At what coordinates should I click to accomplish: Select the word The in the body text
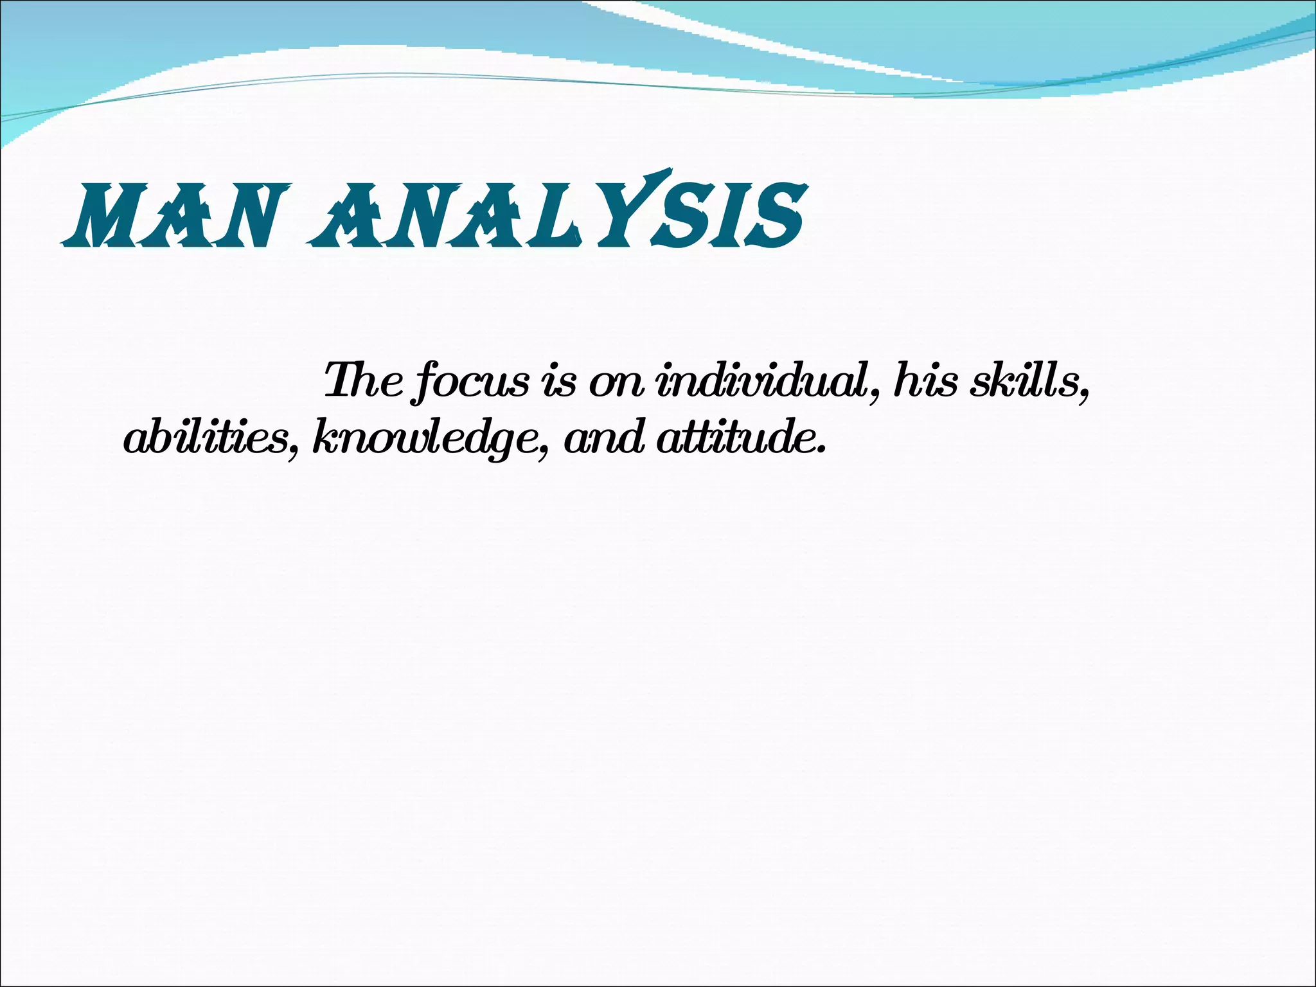(364, 380)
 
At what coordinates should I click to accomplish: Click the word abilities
(204, 438)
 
